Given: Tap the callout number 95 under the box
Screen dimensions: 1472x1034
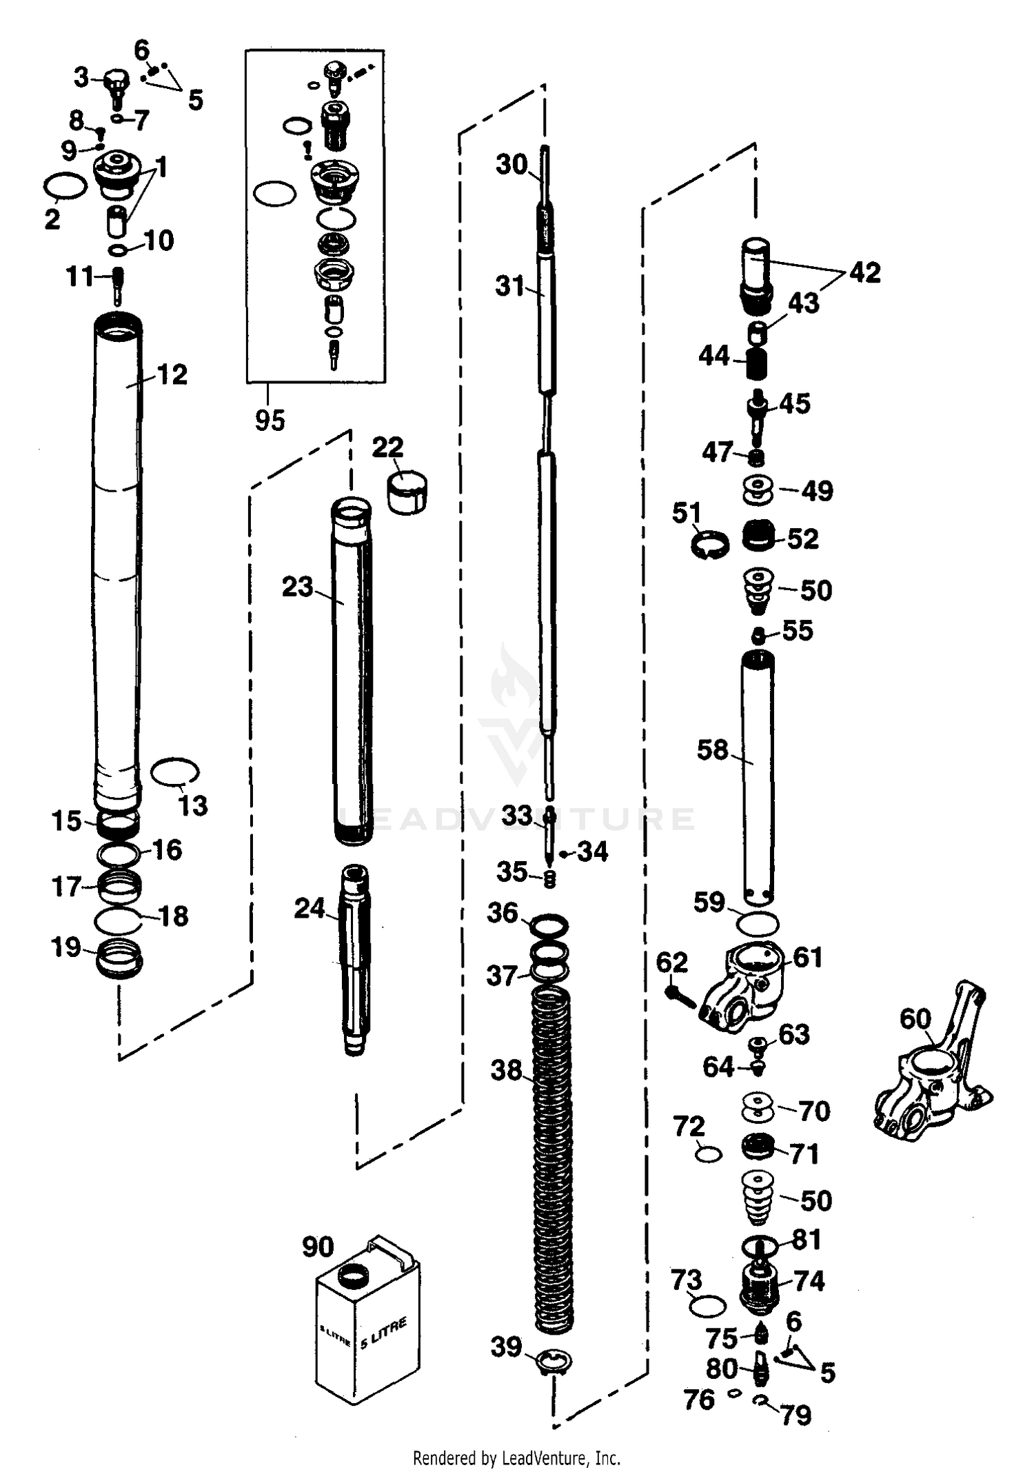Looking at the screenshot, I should (270, 420).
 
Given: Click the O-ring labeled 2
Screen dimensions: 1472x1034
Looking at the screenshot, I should (65, 186).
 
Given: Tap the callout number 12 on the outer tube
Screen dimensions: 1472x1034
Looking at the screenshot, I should (172, 374).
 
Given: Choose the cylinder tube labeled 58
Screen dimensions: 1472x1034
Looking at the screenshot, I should (758, 779).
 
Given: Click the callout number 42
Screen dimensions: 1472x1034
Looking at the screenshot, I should (865, 272).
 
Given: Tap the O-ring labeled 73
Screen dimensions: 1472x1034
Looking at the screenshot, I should (708, 1304).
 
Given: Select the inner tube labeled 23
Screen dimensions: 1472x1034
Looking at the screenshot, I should (352, 669).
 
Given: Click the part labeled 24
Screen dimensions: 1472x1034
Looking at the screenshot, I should (354, 958).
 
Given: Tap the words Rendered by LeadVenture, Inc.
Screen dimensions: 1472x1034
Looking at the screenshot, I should (516, 1458).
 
